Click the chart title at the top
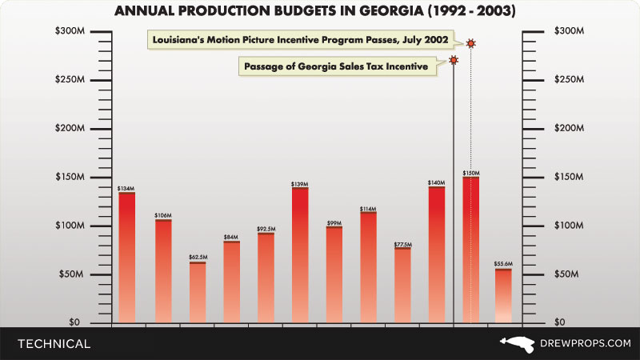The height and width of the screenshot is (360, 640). click(320, 11)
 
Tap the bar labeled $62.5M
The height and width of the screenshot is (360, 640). click(198, 292)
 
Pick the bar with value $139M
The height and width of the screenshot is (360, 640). click(299, 255)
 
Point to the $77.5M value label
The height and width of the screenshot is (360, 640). click(402, 244)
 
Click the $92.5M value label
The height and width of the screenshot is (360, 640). click(266, 229)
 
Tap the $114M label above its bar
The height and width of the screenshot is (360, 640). click(368, 208)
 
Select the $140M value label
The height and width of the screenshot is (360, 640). click(436, 183)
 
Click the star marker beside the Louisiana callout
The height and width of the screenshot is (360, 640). click(471, 42)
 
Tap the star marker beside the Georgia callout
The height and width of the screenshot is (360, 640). click(454, 61)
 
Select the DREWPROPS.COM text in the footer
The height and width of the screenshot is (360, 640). click(586, 343)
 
